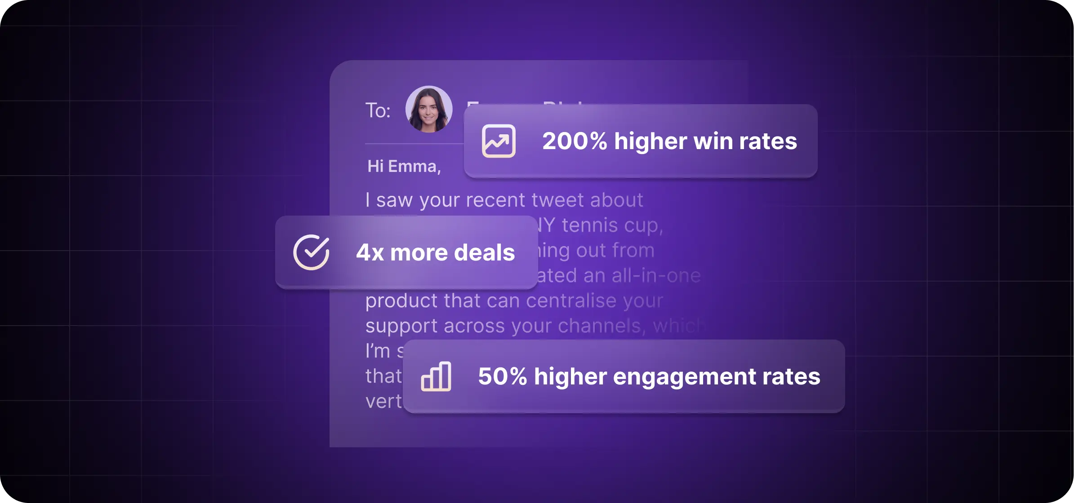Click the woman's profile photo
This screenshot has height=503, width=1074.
(429, 109)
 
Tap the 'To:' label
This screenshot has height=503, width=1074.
(378, 110)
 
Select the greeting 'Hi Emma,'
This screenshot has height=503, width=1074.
(404, 167)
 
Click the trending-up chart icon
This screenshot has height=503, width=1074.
(499, 141)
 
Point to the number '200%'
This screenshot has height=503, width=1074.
(575, 141)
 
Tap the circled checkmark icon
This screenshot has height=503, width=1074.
(311, 252)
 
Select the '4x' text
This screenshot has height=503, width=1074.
(370, 252)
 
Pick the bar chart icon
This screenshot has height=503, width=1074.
(436, 376)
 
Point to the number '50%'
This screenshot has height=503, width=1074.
(502, 376)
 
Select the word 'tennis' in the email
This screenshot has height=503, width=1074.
(590, 225)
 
